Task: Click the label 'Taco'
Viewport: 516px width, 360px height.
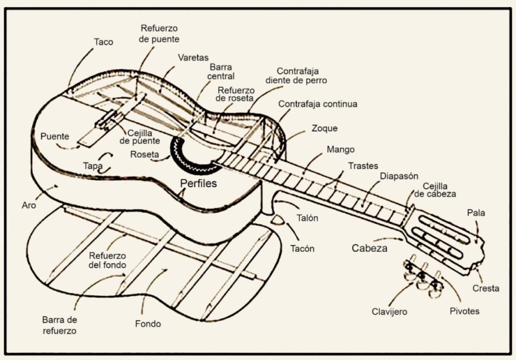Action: pyautogui.click(x=103, y=42)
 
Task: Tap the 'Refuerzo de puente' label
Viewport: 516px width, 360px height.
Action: pyautogui.click(x=159, y=34)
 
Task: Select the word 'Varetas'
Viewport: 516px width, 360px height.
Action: pyautogui.click(x=193, y=57)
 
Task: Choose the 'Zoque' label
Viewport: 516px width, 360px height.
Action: pyautogui.click(x=324, y=128)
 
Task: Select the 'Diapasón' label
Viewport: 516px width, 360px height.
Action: pyautogui.click(x=399, y=175)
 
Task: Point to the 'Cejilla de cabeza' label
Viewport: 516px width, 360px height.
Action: pyautogui.click(x=435, y=188)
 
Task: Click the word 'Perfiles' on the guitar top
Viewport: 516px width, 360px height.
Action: pyautogui.click(x=198, y=183)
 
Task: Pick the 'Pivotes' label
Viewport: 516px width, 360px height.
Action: pyautogui.click(x=464, y=311)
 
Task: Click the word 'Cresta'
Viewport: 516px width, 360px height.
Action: pyautogui.click(x=486, y=288)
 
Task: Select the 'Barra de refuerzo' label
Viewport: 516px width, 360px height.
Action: pyautogui.click(x=59, y=325)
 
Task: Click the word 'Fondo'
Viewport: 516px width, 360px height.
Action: pyautogui.click(x=148, y=323)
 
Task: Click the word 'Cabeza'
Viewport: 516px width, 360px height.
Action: pyautogui.click(x=370, y=248)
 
